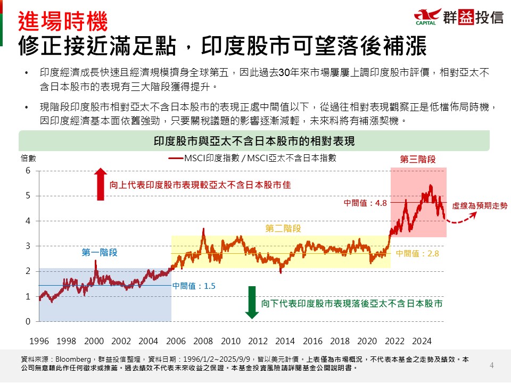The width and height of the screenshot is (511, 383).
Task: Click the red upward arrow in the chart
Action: [101, 185]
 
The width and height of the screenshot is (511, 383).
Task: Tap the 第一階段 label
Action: [100, 253]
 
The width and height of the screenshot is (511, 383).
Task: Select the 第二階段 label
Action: [283, 229]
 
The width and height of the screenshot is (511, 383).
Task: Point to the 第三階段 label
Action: [418, 159]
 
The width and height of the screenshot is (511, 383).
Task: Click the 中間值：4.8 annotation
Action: [365, 203]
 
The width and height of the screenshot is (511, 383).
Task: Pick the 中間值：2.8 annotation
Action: [417, 254]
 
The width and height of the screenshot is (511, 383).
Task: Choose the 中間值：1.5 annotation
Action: [194, 286]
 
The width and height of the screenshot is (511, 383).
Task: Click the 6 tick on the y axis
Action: [28, 171]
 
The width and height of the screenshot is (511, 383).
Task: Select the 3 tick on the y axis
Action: [28, 246]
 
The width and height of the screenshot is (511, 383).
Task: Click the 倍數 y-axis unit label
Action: [28, 158]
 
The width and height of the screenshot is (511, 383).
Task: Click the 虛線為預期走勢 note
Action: [480, 205]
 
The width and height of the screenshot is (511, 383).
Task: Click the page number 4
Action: [492, 365]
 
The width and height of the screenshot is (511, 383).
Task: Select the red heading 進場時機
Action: [63, 22]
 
